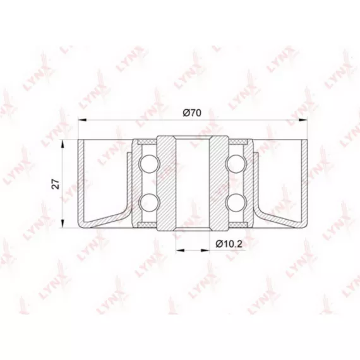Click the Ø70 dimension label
[x=192, y=112]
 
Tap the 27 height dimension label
[x=56, y=184]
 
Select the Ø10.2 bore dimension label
[x=229, y=244]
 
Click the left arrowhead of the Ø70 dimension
[x=82, y=119]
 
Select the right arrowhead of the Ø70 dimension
[x=303, y=119]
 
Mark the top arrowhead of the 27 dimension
[x=63, y=144]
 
